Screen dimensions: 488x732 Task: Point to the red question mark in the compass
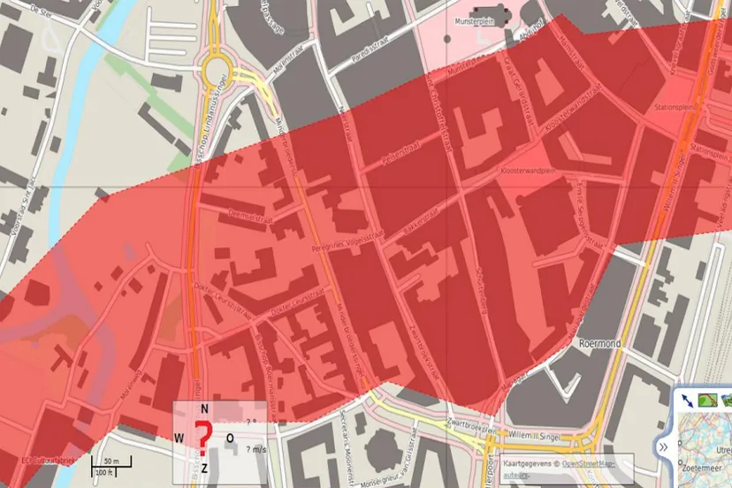click(x=203, y=436)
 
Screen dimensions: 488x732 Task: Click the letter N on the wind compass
click(x=204, y=408)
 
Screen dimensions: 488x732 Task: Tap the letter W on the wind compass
click(x=179, y=438)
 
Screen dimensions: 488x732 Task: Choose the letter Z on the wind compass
click(x=204, y=467)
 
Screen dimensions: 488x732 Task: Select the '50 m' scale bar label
click(x=111, y=461)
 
